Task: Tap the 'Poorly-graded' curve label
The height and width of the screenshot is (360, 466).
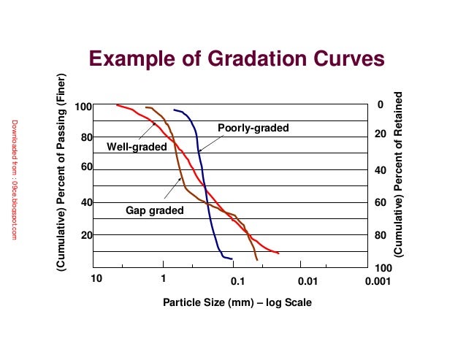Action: [253, 129]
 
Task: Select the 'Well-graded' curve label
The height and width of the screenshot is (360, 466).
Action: [135, 146]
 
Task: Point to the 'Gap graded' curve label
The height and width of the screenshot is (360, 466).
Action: [155, 210]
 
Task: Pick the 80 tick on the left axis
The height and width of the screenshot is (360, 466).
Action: [85, 137]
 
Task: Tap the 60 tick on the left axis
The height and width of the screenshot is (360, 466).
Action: [85, 166]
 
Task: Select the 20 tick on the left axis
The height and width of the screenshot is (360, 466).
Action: [85, 235]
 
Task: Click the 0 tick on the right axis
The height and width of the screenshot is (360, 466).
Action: [380, 106]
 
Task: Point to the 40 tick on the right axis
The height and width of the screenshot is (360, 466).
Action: [380, 170]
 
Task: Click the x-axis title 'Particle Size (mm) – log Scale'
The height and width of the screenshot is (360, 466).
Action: [237, 302]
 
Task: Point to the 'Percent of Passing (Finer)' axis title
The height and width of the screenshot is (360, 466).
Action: [63, 174]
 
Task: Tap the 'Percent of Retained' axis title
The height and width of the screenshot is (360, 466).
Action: [399, 174]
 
